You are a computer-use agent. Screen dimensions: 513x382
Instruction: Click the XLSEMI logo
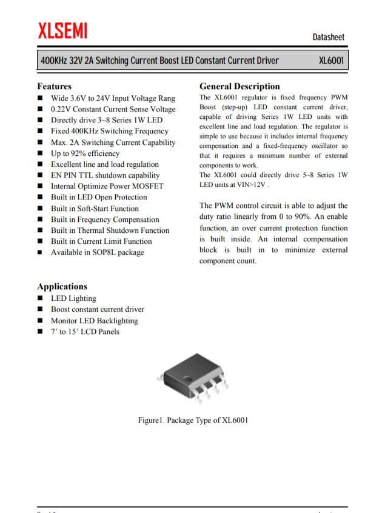click(62, 30)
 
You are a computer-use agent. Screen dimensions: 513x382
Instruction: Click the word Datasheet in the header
click(328, 37)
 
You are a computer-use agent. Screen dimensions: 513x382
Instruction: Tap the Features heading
click(54, 86)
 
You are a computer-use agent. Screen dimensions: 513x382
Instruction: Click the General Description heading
click(240, 86)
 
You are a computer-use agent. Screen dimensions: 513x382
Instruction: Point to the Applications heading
click(62, 286)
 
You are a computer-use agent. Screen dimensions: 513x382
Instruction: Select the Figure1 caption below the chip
click(193, 420)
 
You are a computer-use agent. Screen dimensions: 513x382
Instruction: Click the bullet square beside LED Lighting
click(40, 298)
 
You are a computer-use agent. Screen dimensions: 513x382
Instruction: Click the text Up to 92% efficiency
click(85, 153)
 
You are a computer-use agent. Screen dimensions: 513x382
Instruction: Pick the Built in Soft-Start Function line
click(95, 209)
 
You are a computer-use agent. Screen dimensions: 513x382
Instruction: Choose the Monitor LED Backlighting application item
click(94, 321)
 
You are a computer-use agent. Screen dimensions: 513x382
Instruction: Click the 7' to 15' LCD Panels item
click(85, 332)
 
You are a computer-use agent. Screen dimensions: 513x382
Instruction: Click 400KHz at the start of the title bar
click(53, 61)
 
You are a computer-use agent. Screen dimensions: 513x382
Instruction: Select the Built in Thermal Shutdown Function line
click(110, 230)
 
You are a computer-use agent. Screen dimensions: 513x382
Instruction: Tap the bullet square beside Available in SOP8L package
click(40, 252)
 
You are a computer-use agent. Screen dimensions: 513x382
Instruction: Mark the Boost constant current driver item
click(97, 309)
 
